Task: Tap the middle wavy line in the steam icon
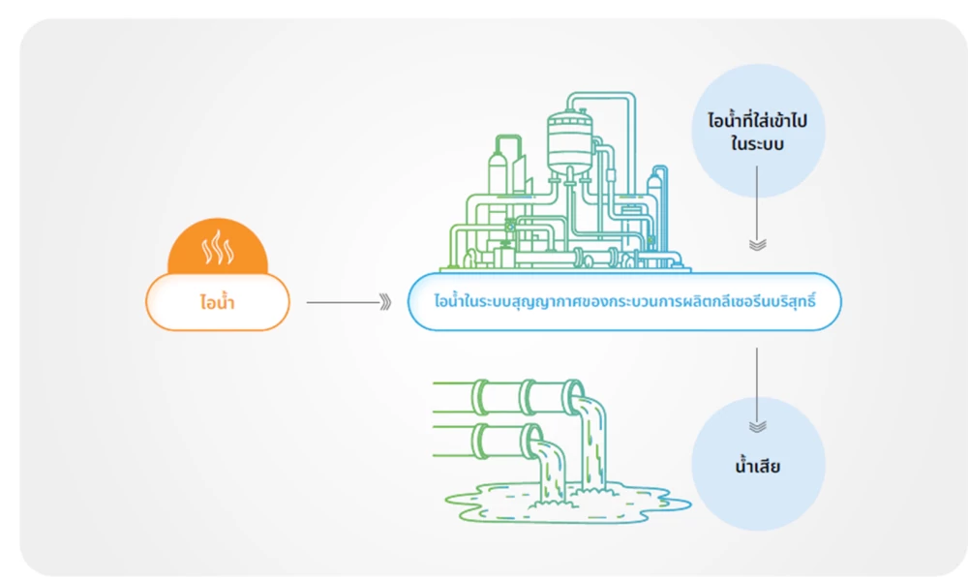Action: tap(217, 250)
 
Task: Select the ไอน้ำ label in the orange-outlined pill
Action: tap(217, 303)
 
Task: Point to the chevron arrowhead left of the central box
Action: tap(385, 303)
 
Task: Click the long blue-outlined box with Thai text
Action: tap(624, 302)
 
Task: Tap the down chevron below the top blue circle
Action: tap(757, 244)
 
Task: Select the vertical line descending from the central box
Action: tap(757, 378)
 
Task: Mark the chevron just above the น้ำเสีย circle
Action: tap(757, 426)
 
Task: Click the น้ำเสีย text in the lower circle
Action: tap(757, 468)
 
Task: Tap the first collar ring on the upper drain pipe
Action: tap(481, 395)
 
